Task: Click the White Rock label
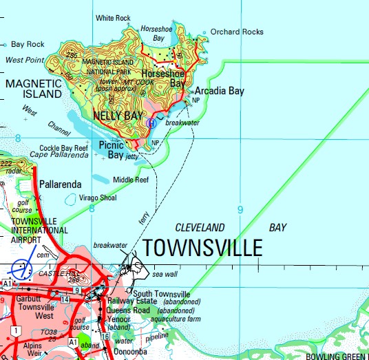(x=113, y=18)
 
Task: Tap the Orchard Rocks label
(x=237, y=32)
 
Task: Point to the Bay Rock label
(x=28, y=44)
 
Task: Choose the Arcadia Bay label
(x=219, y=90)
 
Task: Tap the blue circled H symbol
(x=151, y=123)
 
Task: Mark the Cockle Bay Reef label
(x=63, y=147)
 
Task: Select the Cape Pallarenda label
(x=59, y=155)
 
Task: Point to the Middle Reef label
(x=131, y=180)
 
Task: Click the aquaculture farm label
(x=176, y=319)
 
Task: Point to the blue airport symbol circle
(x=22, y=270)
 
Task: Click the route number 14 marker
(x=64, y=299)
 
